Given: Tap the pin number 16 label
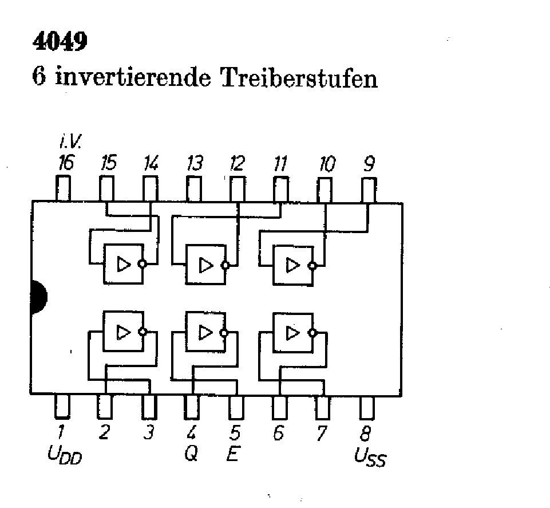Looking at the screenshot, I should coord(66,164).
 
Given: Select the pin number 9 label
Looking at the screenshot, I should coord(369,165).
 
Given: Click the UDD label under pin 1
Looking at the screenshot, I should coord(65,455).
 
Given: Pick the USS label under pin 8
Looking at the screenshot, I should coord(370,456).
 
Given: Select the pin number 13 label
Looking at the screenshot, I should coord(195,165).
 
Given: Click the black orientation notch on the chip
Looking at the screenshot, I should coord(38,297).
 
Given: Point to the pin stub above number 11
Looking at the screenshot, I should coord(280,188).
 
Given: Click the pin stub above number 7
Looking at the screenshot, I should coord(323,407).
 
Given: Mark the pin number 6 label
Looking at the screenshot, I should coord(279,434).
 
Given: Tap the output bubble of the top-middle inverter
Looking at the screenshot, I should coord(225,265).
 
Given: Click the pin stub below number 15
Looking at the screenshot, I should coord(107,188).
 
